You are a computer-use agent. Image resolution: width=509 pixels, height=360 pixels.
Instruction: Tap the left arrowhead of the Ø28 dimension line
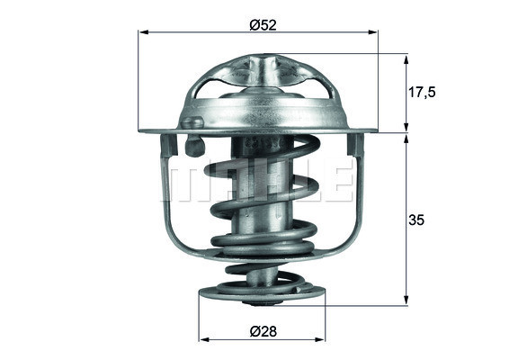coord(202,340)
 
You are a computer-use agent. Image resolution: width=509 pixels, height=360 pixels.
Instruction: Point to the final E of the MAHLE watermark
coord(340,183)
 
